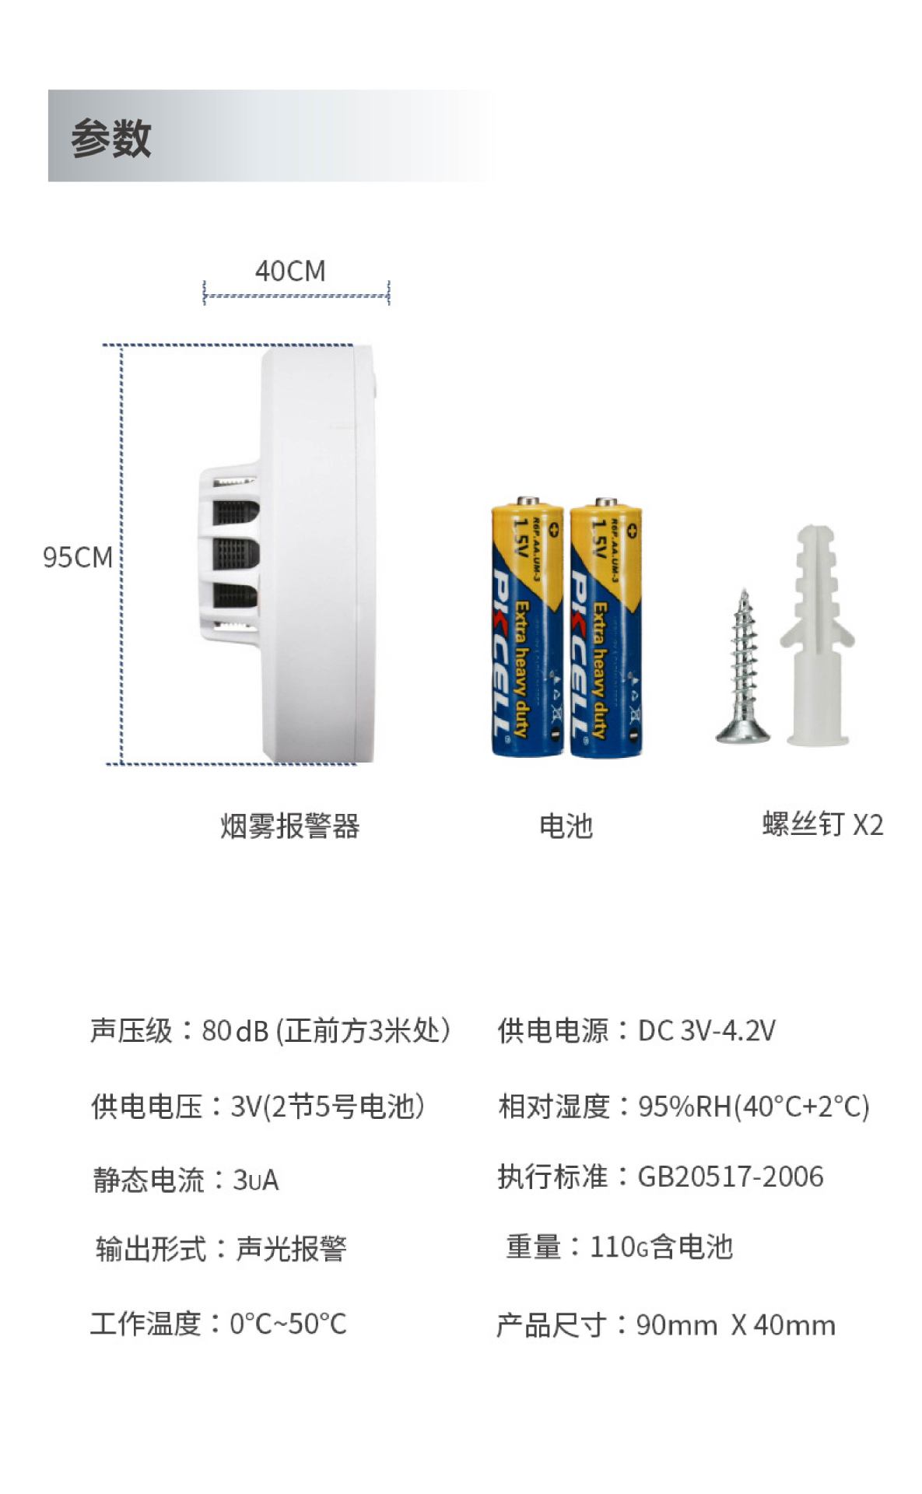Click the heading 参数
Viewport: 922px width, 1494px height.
click(x=110, y=139)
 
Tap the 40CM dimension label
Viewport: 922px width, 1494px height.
click(x=289, y=271)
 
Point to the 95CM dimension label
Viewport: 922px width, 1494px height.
click(x=77, y=557)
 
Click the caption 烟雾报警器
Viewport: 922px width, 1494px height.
click(x=289, y=826)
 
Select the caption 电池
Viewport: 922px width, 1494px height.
click(x=566, y=826)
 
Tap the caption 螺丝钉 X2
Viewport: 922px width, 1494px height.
click(x=822, y=824)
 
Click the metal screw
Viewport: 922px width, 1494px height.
click(x=743, y=669)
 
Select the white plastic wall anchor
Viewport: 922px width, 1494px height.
click(x=817, y=634)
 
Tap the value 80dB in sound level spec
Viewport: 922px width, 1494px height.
click(x=235, y=1030)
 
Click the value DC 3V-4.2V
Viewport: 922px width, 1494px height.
click(x=706, y=1030)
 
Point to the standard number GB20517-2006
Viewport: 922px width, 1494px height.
click(x=730, y=1177)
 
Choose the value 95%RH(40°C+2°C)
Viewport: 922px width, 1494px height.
click(x=753, y=1106)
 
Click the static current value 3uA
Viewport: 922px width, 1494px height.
click(x=255, y=1180)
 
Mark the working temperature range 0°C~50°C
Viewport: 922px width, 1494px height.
click(x=288, y=1323)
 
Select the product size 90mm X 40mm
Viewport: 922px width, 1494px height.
click(x=735, y=1324)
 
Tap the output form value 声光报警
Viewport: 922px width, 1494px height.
click(x=290, y=1249)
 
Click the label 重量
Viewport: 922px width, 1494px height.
click(x=533, y=1247)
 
